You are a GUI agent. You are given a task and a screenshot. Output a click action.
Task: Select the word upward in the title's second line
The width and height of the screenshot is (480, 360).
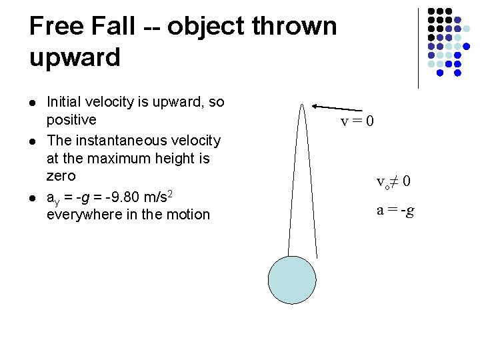pos(75,57)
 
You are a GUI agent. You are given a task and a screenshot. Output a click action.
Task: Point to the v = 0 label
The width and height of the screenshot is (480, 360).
pos(357,121)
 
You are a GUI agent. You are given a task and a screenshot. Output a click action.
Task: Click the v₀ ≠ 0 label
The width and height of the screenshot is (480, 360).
pos(393,181)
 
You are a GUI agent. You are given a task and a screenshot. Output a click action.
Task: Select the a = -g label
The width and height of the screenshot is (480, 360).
pos(395,211)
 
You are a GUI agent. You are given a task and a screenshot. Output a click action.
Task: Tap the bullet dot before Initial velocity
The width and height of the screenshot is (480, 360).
pos(33,102)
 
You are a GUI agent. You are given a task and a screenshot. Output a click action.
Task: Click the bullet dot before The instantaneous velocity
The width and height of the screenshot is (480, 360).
pos(33,140)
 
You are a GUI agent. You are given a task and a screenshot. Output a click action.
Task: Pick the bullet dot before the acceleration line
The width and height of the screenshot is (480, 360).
pos(33,197)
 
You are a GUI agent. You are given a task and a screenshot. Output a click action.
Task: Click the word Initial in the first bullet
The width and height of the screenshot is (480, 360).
pos(65,102)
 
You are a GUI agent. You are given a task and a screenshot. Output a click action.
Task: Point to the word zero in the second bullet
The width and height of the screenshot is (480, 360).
pos(61,177)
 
